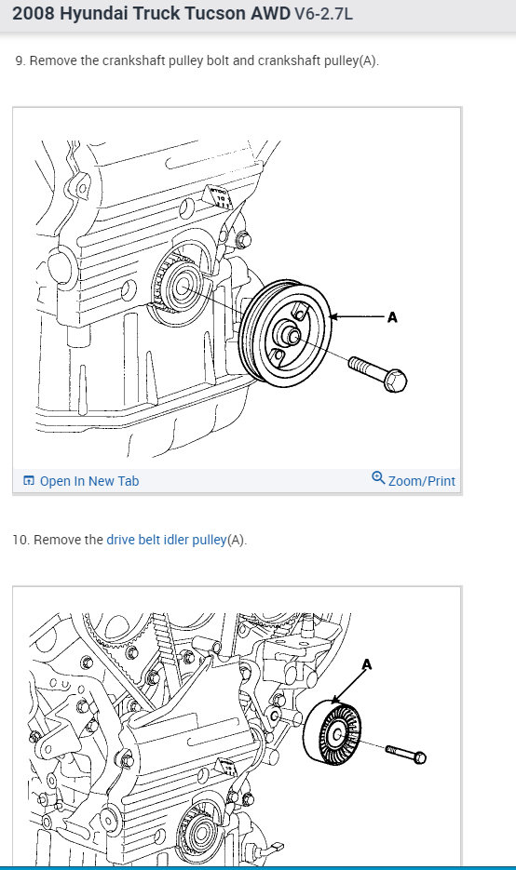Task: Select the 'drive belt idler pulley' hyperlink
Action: coord(166,540)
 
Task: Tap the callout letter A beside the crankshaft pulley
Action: coord(393,317)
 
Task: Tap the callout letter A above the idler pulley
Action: coord(367,664)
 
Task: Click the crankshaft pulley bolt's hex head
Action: coord(396,381)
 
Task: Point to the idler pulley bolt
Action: coord(406,754)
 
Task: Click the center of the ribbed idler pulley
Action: coord(335,734)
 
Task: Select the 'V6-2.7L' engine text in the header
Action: coord(322,13)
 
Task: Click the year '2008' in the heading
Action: coord(34,13)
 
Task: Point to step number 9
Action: coord(20,60)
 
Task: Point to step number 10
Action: coord(20,540)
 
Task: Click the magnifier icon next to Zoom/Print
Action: coord(378,477)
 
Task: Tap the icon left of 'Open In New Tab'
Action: coord(29,480)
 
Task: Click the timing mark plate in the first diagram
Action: coord(218,197)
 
